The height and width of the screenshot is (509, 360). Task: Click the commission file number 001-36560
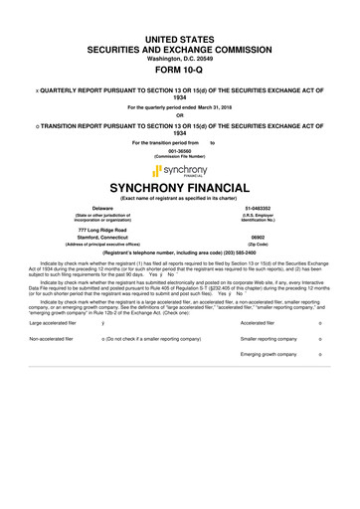click(180, 150)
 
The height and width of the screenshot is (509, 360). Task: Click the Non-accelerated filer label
click(52, 339)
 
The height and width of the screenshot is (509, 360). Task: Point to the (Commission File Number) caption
click(180, 157)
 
